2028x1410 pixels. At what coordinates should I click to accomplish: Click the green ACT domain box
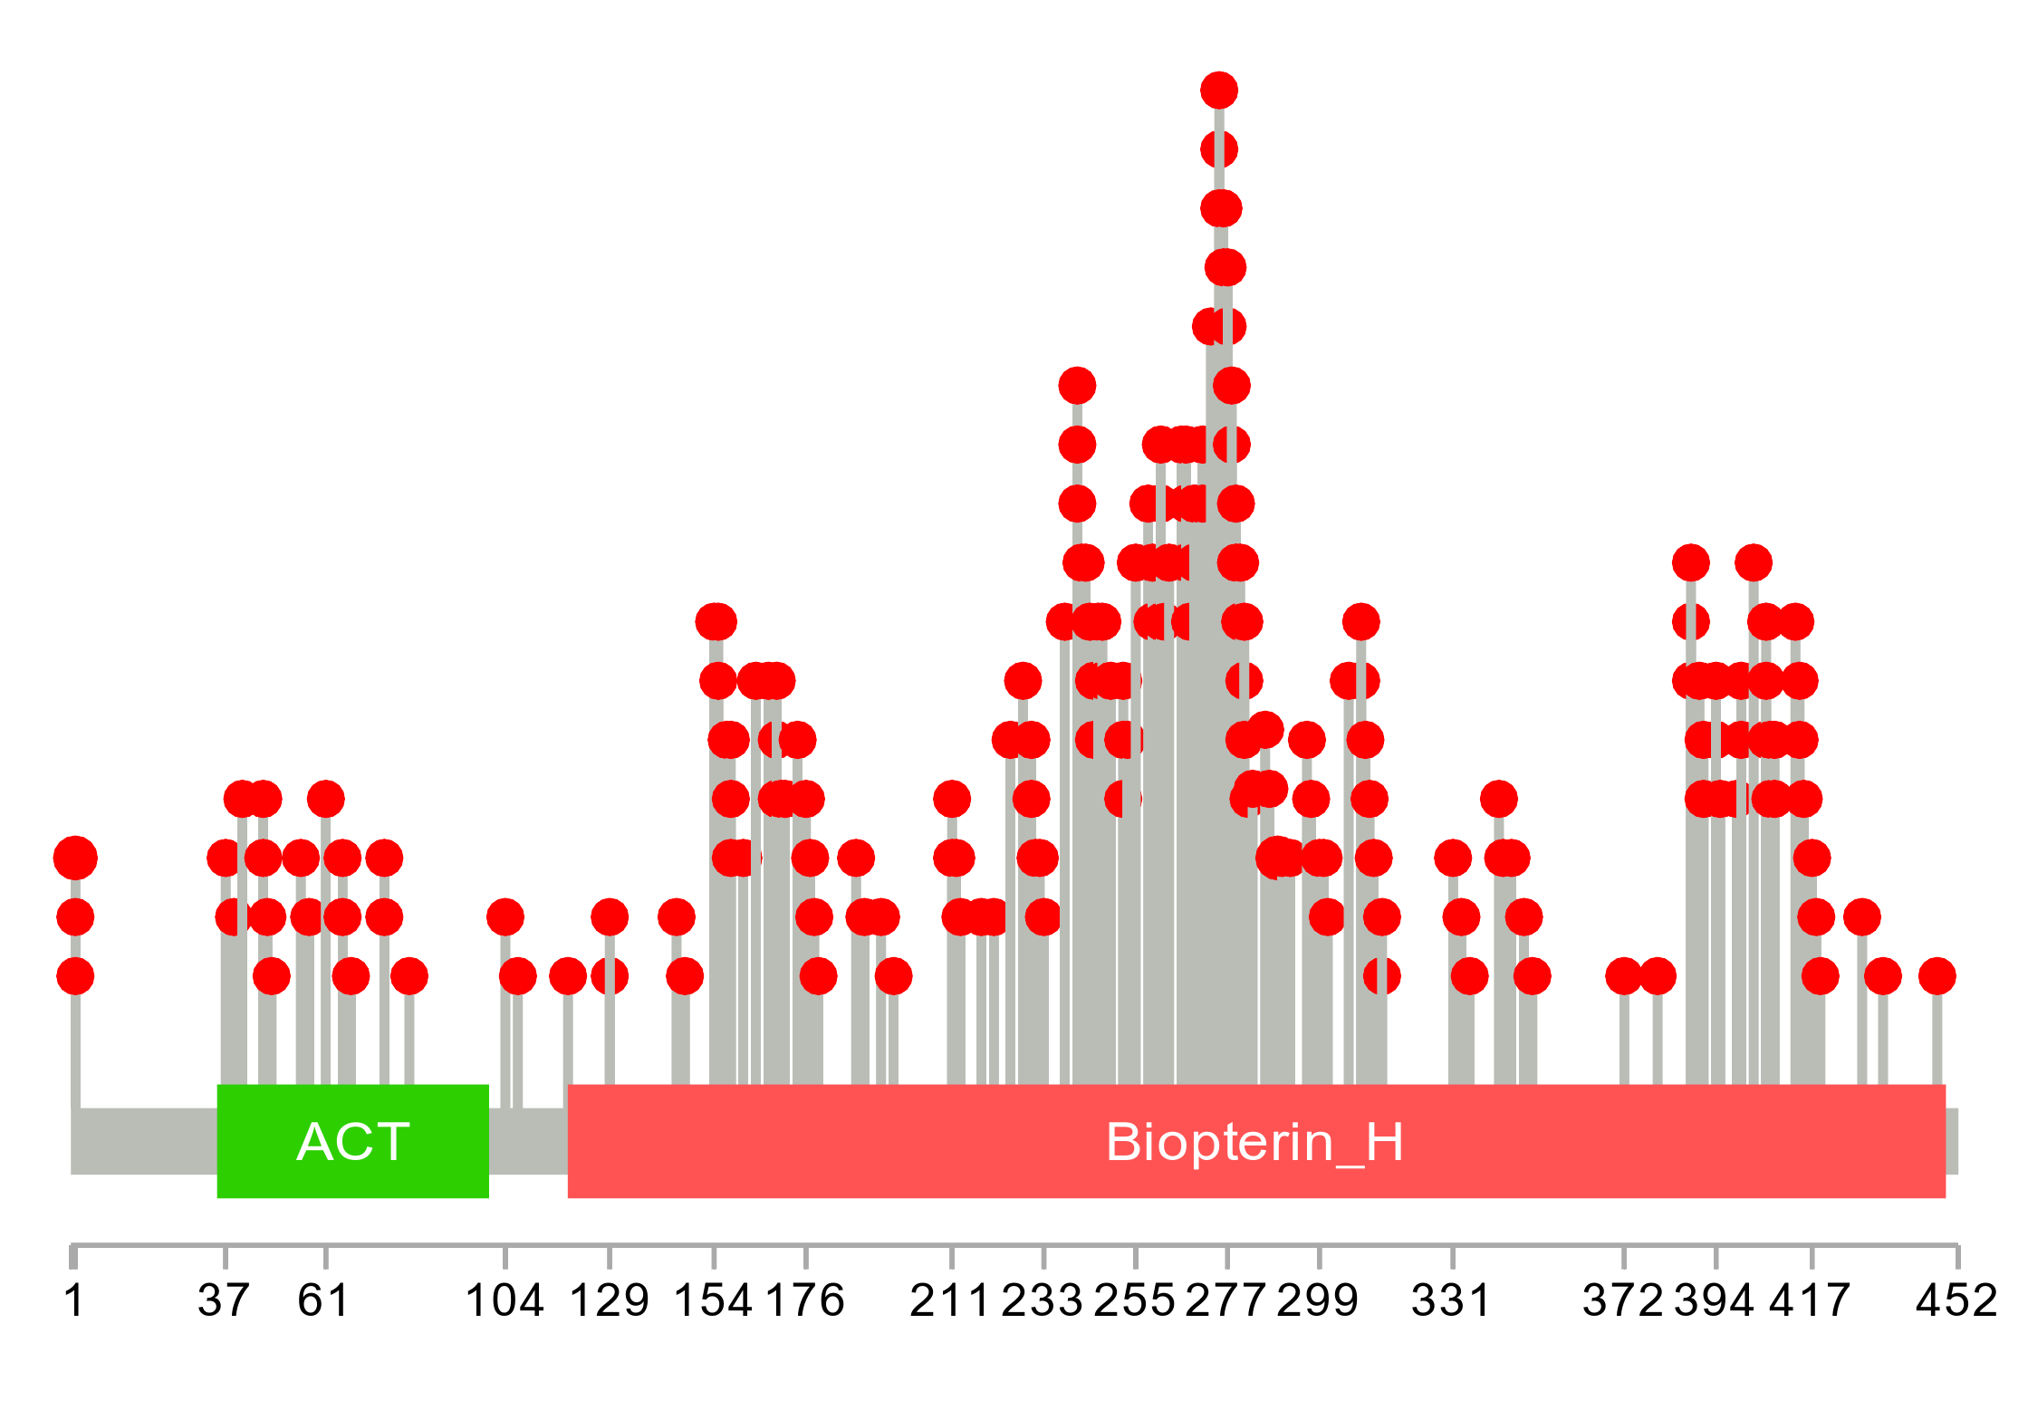tap(352, 1141)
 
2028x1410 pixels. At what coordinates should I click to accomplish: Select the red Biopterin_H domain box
tap(1255, 1141)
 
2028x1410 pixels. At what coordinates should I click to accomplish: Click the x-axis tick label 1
tap(74, 1301)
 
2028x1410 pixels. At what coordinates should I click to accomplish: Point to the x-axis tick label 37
tap(224, 1301)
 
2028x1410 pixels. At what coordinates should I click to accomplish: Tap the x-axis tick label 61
tap(324, 1301)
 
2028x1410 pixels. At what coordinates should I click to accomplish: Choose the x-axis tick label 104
tap(505, 1301)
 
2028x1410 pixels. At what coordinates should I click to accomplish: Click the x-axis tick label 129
tap(610, 1301)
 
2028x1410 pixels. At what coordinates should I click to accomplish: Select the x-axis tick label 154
tap(714, 1301)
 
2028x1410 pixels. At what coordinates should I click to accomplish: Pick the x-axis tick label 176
tap(805, 1301)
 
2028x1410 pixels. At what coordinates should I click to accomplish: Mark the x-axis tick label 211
tap(950, 1301)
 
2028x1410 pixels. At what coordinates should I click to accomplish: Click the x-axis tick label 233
tap(1043, 1301)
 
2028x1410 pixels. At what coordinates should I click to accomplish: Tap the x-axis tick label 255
tap(1135, 1301)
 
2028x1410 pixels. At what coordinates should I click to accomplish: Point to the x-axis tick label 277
tap(1226, 1301)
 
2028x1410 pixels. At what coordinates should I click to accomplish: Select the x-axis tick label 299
tap(1319, 1301)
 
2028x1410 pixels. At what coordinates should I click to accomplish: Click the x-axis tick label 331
tap(1452, 1301)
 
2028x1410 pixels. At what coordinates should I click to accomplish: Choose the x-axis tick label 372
tap(1623, 1301)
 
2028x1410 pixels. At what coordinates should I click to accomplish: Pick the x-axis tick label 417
tap(1811, 1301)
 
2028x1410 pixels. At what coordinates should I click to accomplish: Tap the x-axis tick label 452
tap(1956, 1301)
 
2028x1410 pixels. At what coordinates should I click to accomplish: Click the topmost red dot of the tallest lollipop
tap(1219, 90)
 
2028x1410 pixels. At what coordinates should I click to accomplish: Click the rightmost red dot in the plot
tap(1937, 976)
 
